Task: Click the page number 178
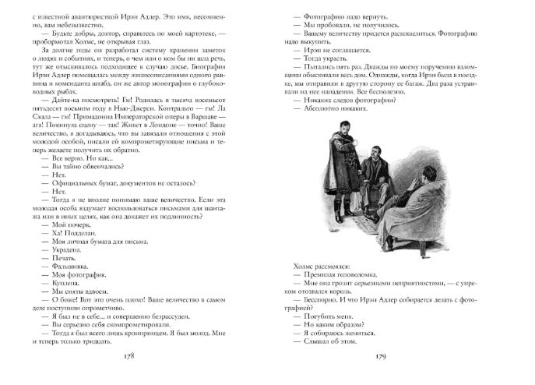pyautogui.click(x=134, y=356)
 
